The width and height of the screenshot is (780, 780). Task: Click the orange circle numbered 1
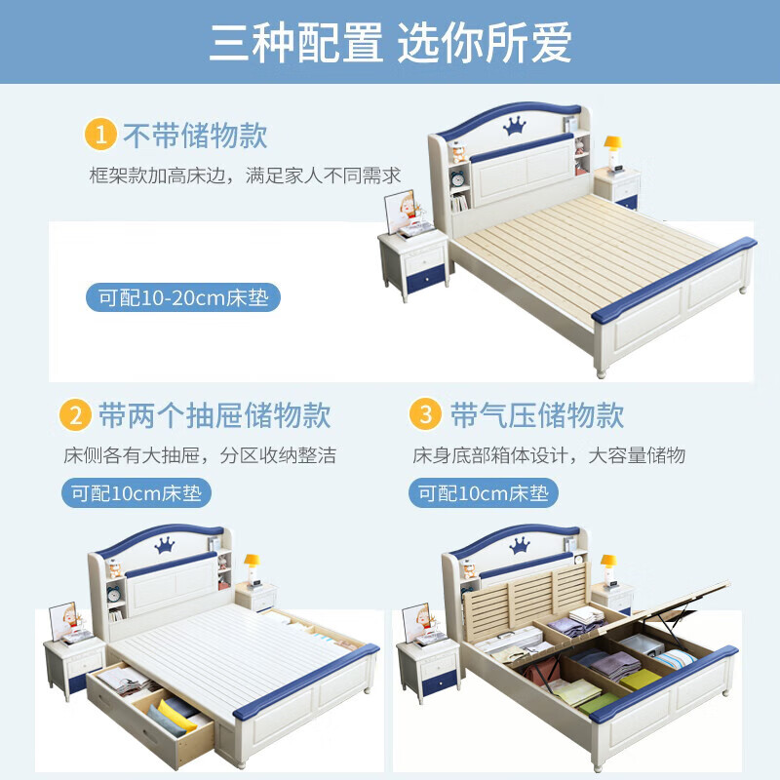click(x=100, y=135)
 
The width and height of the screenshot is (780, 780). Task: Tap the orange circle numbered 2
click(x=75, y=415)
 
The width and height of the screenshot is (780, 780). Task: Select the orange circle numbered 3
click(x=426, y=415)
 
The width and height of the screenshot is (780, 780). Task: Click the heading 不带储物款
click(x=194, y=136)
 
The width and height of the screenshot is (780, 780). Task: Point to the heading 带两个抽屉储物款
click(x=214, y=415)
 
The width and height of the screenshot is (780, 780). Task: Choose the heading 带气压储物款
click(x=536, y=415)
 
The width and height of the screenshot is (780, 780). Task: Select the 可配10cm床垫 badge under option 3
click(x=484, y=493)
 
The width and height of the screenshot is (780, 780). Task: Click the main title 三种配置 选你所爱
click(x=390, y=42)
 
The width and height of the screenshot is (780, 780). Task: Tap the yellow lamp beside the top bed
click(x=613, y=148)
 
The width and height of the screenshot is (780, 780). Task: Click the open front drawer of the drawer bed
click(x=151, y=707)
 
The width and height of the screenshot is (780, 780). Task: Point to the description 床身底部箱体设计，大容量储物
click(x=549, y=455)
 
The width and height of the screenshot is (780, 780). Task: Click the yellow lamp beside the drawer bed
click(x=251, y=565)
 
